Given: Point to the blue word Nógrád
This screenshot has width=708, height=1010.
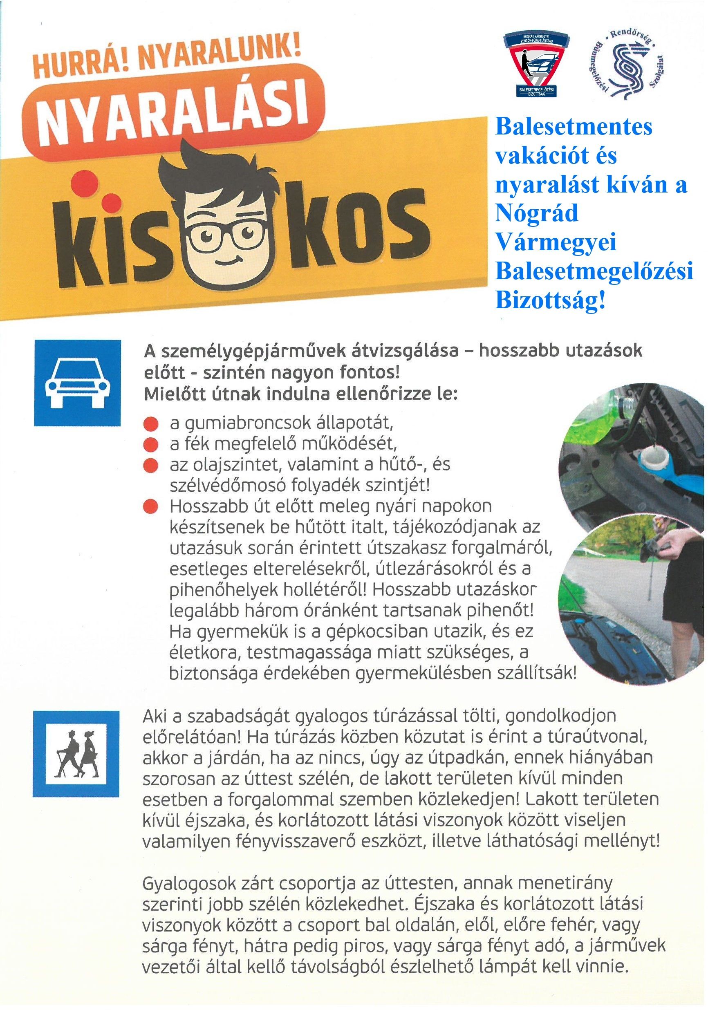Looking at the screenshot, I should tap(536, 214).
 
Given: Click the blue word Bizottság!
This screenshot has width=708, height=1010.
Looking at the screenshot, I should tap(550, 301).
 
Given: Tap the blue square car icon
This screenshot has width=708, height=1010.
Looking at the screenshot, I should tap(77, 383).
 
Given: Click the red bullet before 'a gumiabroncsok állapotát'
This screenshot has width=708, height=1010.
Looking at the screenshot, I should tap(150, 424).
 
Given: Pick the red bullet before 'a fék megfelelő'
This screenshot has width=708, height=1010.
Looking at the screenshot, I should tap(150, 445).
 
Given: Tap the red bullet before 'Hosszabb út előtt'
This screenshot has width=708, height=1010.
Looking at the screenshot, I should tap(150, 507).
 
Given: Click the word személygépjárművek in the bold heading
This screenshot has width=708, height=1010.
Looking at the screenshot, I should tap(242, 352).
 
